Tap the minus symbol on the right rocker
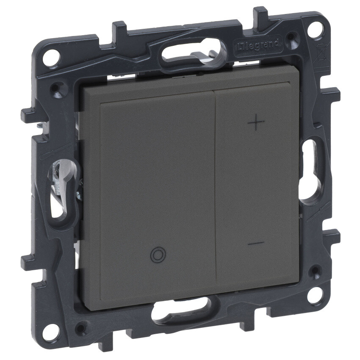(x=256, y=243)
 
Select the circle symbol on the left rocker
(x=158, y=255)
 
